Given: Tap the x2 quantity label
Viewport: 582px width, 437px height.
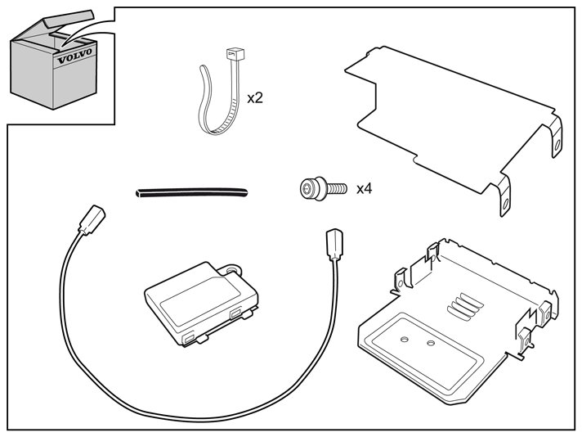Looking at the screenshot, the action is [x=255, y=98].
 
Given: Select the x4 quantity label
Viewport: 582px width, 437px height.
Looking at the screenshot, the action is [x=364, y=189].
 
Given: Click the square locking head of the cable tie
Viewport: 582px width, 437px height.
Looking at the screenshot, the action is [x=235, y=55].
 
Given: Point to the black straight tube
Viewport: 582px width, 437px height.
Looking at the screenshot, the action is [x=191, y=193].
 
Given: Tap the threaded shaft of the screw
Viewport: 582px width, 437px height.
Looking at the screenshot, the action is [x=337, y=188].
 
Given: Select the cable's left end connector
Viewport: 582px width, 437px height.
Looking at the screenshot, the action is [x=92, y=219].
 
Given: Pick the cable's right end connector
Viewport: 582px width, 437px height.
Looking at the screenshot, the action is [x=334, y=244].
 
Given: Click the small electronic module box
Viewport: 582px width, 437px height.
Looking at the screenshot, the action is [x=201, y=304].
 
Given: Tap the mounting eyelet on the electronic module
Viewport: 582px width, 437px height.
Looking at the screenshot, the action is [x=231, y=268].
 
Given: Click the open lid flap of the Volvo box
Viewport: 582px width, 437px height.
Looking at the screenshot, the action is [x=69, y=18].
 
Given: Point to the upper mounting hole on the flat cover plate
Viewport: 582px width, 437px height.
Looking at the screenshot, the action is [x=557, y=146].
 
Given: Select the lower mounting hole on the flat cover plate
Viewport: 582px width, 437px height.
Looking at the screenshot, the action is [x=504, y=205].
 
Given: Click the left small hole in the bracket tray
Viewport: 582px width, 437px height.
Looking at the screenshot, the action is [x=405, y=339].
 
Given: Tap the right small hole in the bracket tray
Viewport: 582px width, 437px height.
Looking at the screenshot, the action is [x=431, y=343].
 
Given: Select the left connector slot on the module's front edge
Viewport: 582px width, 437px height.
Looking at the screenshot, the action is [x=188, y=338].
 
